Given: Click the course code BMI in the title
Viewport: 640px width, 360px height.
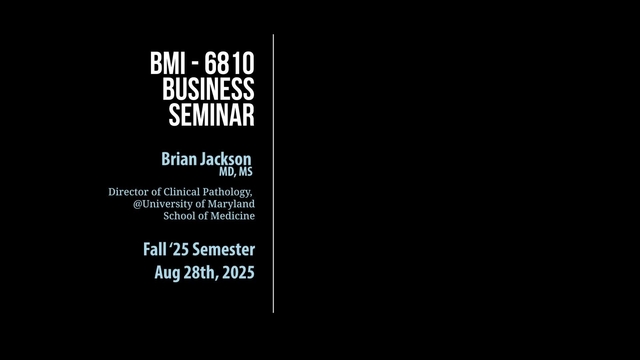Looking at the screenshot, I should point(168,65).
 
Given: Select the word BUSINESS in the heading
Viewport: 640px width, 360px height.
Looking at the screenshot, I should point(208,89).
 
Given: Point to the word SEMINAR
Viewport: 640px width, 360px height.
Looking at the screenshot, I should point(211,114).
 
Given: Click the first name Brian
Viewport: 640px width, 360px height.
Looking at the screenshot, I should point(179,158).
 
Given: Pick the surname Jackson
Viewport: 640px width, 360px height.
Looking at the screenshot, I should point(226,158).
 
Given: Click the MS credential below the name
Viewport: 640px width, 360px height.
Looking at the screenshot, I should point(245,172).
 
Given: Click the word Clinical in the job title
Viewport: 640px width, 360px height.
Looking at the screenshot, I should point(183,191).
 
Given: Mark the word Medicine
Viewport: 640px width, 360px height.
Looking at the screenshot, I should point(231,216).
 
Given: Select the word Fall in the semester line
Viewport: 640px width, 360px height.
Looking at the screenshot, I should point(157,249).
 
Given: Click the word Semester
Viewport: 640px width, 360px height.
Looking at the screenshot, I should point(226,249).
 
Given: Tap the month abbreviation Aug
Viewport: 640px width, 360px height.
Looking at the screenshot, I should point(167,272).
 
